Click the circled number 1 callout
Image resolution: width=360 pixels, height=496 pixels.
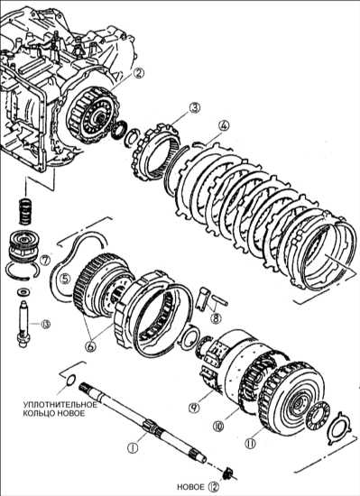click(133, 447)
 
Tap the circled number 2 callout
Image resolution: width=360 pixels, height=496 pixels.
click(138, 73)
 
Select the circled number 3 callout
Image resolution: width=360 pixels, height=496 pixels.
click(195, 108)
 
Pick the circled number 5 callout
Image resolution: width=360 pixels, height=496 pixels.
click(65, 279)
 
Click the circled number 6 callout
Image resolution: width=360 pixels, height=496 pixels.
click(90, 346)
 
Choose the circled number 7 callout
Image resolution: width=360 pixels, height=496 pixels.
click(45, 261)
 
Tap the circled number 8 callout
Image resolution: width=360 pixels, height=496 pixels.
click(216, 317)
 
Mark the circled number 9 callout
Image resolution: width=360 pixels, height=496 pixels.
click(194, 408)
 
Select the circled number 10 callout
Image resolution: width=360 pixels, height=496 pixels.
click(218, 427)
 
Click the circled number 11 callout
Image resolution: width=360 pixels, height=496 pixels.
click(250, 444)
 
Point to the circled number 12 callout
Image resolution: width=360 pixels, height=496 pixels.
click(213, 486)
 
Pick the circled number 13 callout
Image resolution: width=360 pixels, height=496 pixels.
click(45, 325)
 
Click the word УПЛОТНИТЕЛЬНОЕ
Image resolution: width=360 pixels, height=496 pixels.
click(60, 405)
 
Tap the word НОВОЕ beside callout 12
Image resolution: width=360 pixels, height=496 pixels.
click(190, 487)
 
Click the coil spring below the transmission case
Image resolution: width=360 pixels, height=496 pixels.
click(26, 211)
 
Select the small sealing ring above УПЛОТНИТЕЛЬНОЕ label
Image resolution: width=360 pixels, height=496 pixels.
click(71, 381)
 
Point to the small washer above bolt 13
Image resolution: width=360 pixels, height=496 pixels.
click(23, 291)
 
